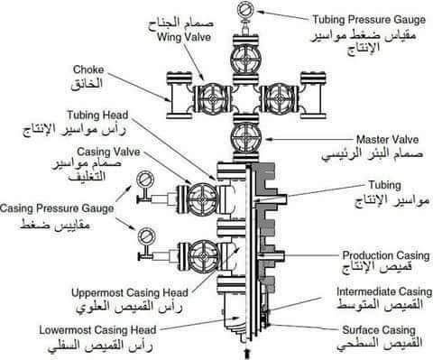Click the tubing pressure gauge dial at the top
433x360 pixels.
tap(246, 9)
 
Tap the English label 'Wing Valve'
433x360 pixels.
tap(184, 37)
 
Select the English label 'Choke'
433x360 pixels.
tap(88, 69)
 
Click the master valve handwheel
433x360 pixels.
tap(246, 138)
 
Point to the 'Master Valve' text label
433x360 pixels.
tap(387, 140)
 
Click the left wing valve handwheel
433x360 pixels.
tap(213, 98)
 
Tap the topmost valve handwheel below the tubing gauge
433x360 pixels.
tap(246, 60)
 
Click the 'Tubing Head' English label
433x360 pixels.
tap(97, 115)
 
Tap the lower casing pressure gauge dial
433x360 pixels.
tap(146, 236)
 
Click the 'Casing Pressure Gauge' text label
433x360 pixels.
tap(57, 208)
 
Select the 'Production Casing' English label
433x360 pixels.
tap(386, 255)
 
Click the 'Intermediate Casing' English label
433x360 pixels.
tap(384, 291)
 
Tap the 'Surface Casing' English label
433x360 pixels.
tap(379, 330)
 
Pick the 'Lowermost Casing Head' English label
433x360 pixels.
tap(97, 330)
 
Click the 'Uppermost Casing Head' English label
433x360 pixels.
tap(130, 292)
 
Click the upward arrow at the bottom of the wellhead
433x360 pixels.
tap(247, 353)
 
